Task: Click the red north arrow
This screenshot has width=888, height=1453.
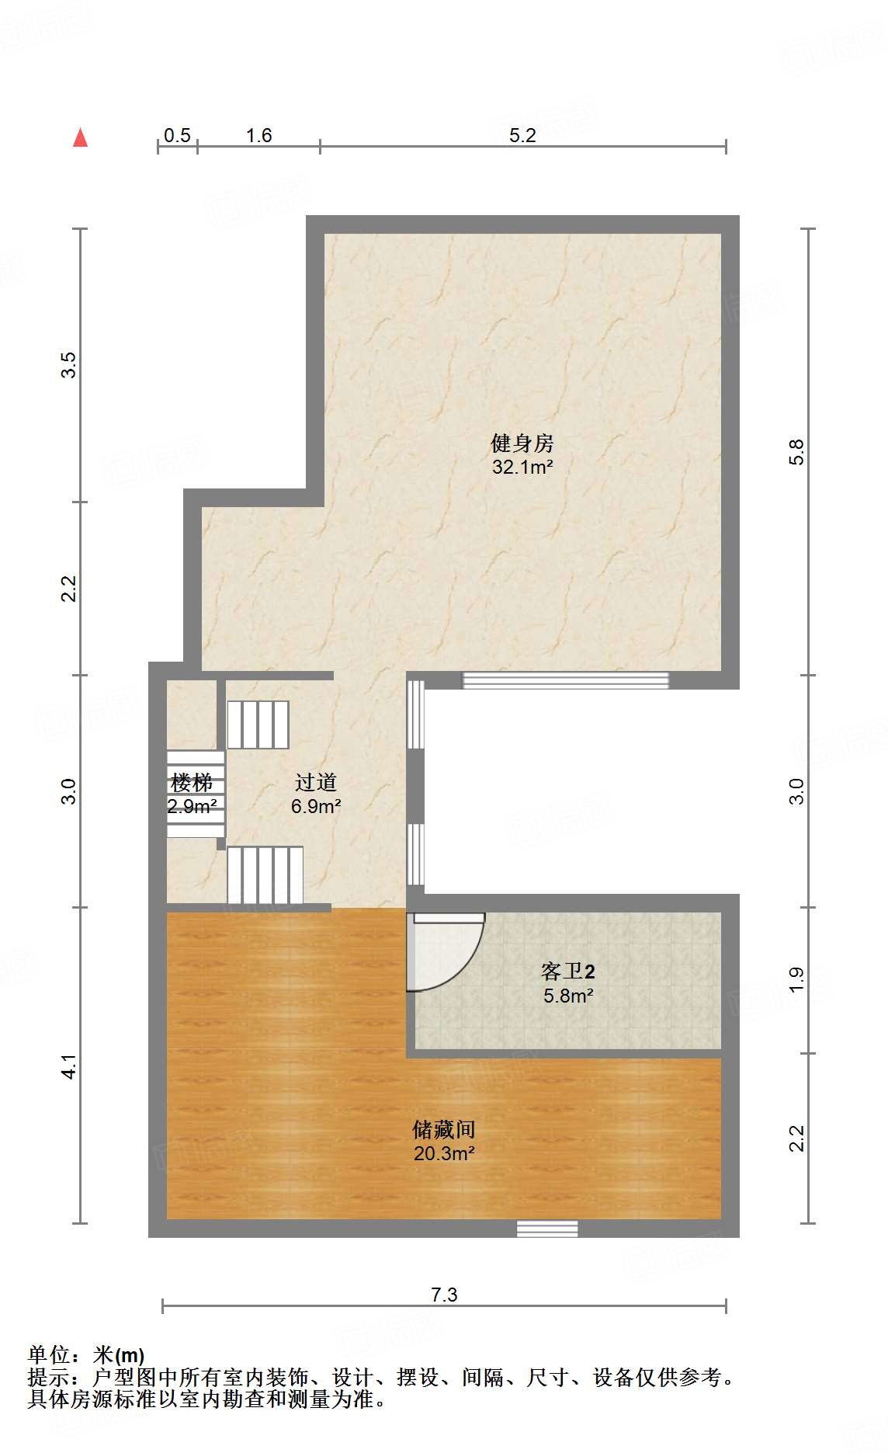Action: point(80,137)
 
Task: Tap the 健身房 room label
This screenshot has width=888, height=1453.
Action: point(522,443)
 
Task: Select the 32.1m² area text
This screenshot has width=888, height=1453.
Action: point(522,467)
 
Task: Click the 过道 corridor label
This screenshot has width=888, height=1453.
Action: point(315,783)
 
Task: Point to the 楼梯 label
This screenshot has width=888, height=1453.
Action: point(191,783)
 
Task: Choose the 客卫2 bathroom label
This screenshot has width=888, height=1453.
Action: point(567,972)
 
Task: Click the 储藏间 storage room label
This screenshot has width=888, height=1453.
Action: point(443,1129)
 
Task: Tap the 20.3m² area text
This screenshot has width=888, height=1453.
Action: point(443,1153)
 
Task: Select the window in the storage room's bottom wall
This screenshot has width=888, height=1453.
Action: point(547,1228)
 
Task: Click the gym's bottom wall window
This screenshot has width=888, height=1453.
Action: point(565,680)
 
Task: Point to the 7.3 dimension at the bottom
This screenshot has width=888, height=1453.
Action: point(444,1294)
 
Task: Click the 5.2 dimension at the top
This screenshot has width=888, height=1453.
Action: point(522,135)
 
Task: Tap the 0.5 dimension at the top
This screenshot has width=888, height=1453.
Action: point(177,135)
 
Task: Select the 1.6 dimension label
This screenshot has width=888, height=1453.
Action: point(258,135)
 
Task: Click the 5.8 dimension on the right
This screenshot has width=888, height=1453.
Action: point(796,452)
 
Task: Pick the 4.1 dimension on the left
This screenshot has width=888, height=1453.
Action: point(69,1066)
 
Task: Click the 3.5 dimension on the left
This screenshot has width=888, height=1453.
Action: point(69,365)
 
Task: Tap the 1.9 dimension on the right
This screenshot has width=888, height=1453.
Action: point(796,980)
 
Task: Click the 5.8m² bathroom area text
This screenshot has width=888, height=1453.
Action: point(567,996)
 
